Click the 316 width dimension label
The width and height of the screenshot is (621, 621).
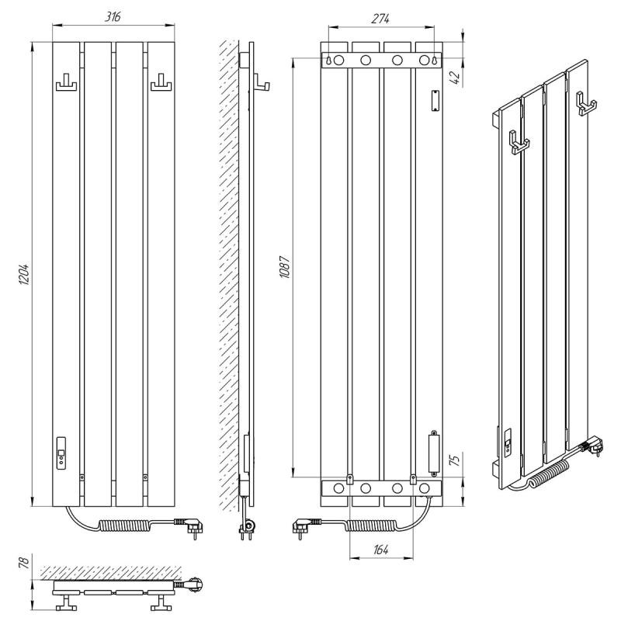[113, 17]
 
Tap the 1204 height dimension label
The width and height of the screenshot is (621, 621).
[24, 274]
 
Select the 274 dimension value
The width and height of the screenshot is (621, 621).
[380, 19]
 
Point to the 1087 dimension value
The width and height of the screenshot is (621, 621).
[285, 267]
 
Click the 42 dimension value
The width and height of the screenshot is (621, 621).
[456, 77]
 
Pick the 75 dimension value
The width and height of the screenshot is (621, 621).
[456, 460]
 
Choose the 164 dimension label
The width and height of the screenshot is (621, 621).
[381, 550]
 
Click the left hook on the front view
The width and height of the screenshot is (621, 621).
[66, 82]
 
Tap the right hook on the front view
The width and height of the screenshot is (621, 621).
[161, 82]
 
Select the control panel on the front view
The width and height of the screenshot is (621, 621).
[61, 453]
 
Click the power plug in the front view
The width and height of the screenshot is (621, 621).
[190, 527]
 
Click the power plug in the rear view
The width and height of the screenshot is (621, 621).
[305, 527]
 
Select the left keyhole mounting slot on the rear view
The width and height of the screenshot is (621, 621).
[329, 61]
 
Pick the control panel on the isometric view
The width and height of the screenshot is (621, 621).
[508, 441]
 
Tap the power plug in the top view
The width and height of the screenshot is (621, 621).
[189, 584]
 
